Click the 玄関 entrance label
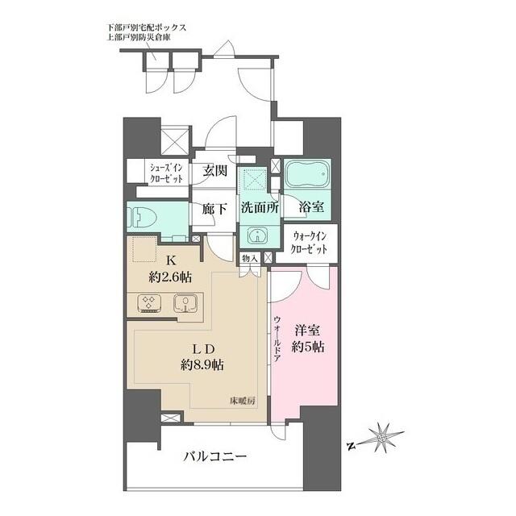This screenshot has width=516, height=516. point(214,172)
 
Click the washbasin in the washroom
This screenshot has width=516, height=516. point(256,235)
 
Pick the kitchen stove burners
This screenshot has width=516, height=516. point(148,304)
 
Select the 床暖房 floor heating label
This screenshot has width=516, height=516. point(240,401)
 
